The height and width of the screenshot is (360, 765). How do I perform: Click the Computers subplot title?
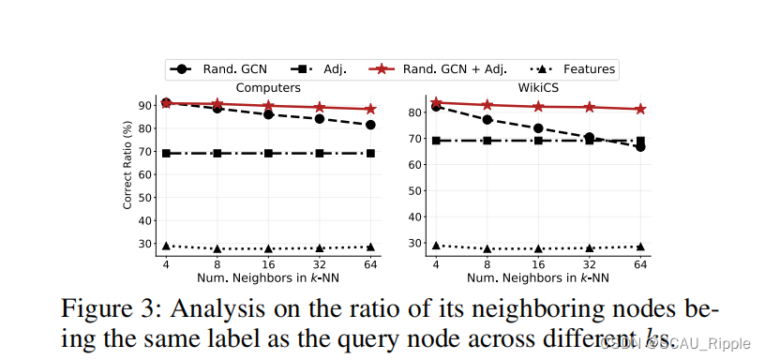(268, 87)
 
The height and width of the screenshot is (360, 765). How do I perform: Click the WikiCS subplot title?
(538, 87)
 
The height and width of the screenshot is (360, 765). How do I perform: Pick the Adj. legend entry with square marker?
(322, 68)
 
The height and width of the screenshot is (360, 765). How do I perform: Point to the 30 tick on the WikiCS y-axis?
(416, 242)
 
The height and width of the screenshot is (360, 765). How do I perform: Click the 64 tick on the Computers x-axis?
(370, 265)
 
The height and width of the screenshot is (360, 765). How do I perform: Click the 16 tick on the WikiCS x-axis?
(538, 265)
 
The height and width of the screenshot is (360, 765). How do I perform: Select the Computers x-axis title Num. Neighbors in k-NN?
(268, 278)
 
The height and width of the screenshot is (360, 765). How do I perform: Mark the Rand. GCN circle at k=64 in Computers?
(370, 125)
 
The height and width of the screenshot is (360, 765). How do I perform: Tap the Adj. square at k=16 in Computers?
(268, 153)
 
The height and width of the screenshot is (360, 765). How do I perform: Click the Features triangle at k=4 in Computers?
(166, 246)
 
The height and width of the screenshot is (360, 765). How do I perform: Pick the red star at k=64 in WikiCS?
(640, 109)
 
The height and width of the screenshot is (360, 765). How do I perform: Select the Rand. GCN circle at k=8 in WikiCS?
(487, 119)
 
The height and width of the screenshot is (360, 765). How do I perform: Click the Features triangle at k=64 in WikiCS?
(640, 247)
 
